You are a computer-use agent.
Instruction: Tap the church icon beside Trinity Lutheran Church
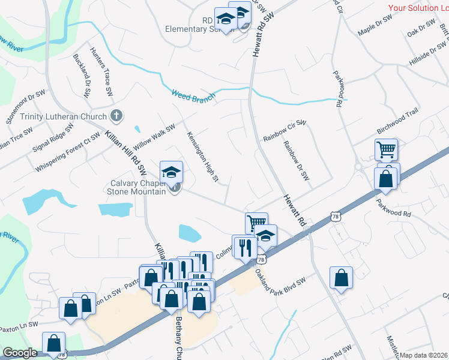pos(117,116)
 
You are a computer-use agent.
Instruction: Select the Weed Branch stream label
pos(193,95)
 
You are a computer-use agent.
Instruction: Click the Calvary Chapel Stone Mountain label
pos(136,188)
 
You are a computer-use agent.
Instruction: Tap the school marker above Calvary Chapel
pos(171,172)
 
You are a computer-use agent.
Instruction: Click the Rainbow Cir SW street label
pos(285,132)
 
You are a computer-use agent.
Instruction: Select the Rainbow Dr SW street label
pos(296,161)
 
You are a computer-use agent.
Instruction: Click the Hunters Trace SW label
pos(101,72)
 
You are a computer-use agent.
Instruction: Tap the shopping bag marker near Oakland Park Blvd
pos(341,278)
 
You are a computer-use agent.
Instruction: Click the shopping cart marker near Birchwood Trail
pos(386,149)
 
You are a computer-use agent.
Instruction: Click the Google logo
pos(20,353)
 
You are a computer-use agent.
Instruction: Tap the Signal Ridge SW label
pos(53,137)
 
